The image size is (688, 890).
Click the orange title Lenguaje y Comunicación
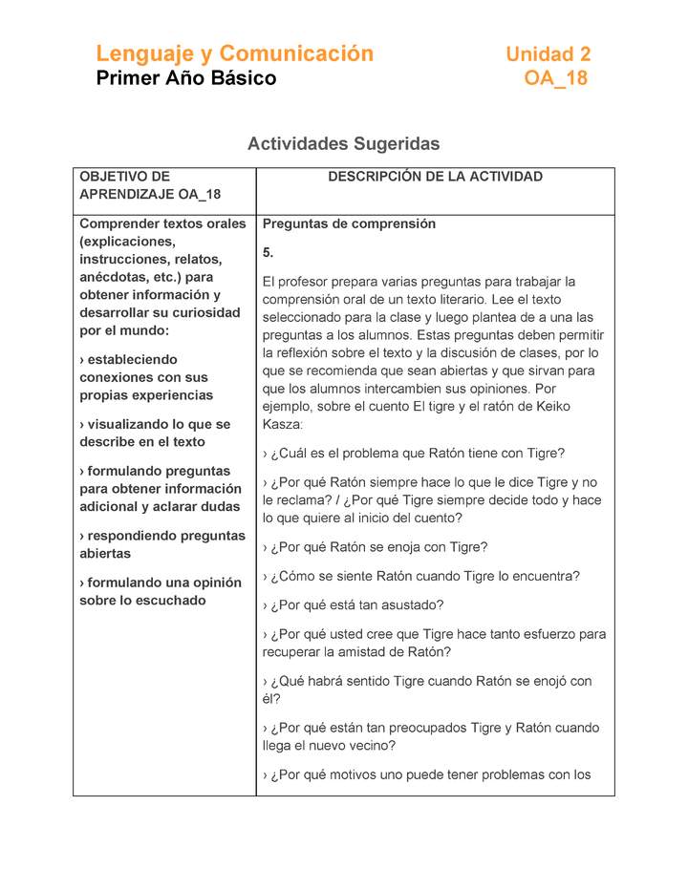point(234,53)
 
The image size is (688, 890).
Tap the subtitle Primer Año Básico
point(186,78)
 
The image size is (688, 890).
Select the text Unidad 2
point(548,54)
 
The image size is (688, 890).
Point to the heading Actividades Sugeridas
point(343,144)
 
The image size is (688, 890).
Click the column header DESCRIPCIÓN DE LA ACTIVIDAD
point(435,177)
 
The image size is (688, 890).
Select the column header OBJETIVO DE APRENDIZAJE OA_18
point(150,185)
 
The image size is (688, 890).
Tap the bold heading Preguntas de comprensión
point(349,223)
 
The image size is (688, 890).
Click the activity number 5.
point(269,252)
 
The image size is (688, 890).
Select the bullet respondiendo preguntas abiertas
point(162,544)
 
